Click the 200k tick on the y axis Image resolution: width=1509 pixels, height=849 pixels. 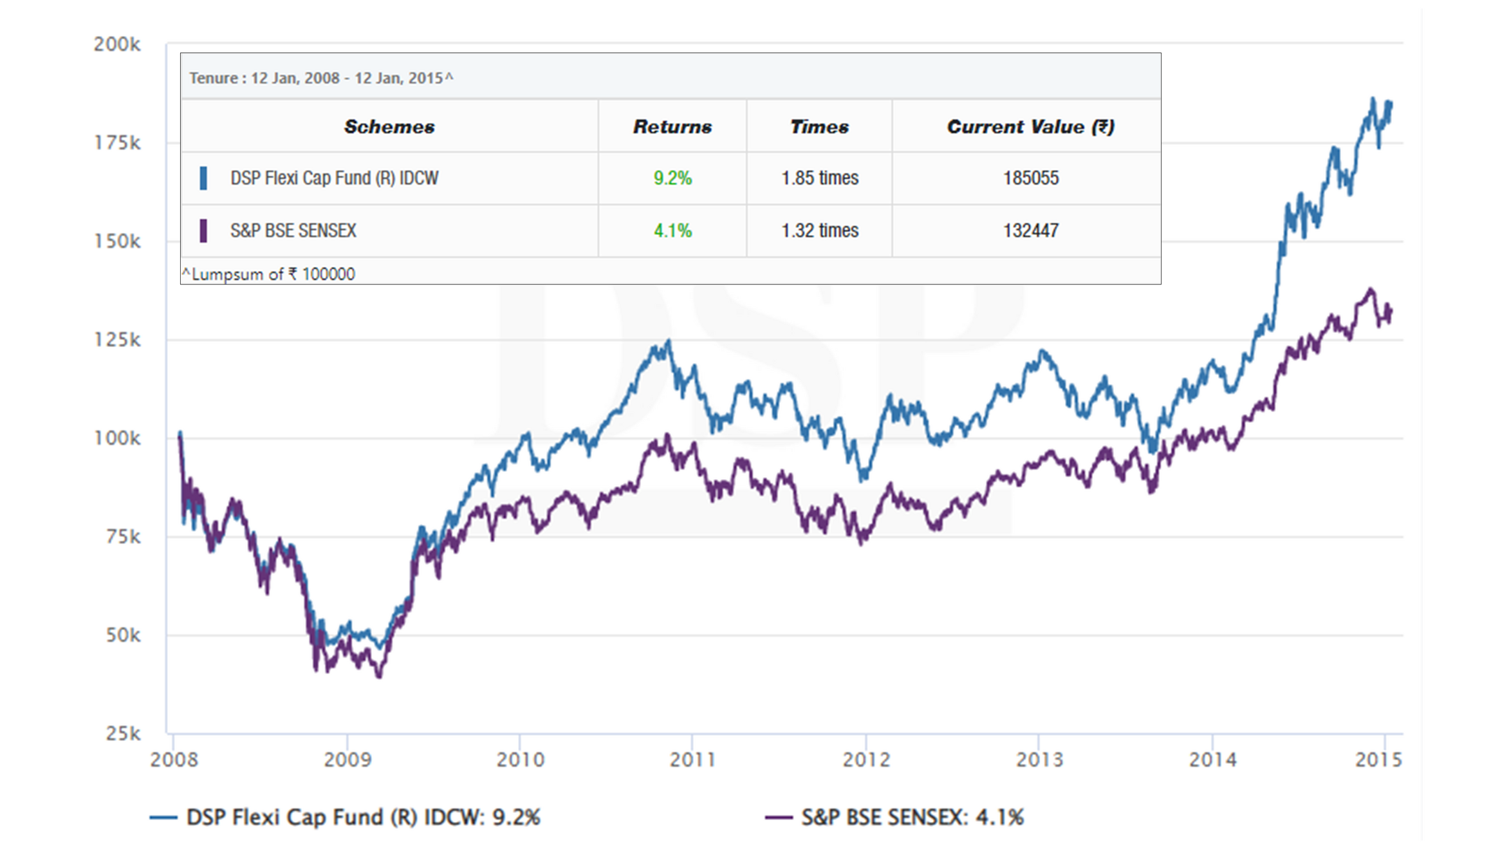[116, 44]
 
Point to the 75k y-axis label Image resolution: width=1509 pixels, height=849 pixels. [123, 537]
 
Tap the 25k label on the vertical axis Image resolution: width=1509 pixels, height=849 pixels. [123, 734]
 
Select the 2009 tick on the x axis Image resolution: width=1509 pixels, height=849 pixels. [347, 760]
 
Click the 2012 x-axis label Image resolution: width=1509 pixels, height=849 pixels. [866, 760]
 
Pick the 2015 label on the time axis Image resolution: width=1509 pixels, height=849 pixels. [1378, 760]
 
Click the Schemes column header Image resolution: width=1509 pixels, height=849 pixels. [389, 127]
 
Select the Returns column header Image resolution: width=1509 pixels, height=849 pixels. [672, 127]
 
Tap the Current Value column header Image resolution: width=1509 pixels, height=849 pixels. [1030, 127]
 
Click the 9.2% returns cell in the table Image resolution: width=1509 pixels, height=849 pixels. [672, 178]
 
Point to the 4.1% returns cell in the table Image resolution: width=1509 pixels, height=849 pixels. [672, 230]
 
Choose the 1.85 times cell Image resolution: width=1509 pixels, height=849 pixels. [820, 178]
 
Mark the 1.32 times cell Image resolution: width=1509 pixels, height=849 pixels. [820, 230]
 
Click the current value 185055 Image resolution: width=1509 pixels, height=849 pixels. [1030, 178]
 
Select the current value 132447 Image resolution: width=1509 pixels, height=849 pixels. [1030, 230]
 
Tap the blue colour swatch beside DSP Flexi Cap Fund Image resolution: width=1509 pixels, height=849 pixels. [203, 178]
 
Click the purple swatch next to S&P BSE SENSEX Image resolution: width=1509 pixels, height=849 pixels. [203, 230]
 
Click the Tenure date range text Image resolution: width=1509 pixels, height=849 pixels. [320, 79]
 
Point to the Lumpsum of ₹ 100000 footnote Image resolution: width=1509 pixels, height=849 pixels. [268, 274]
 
